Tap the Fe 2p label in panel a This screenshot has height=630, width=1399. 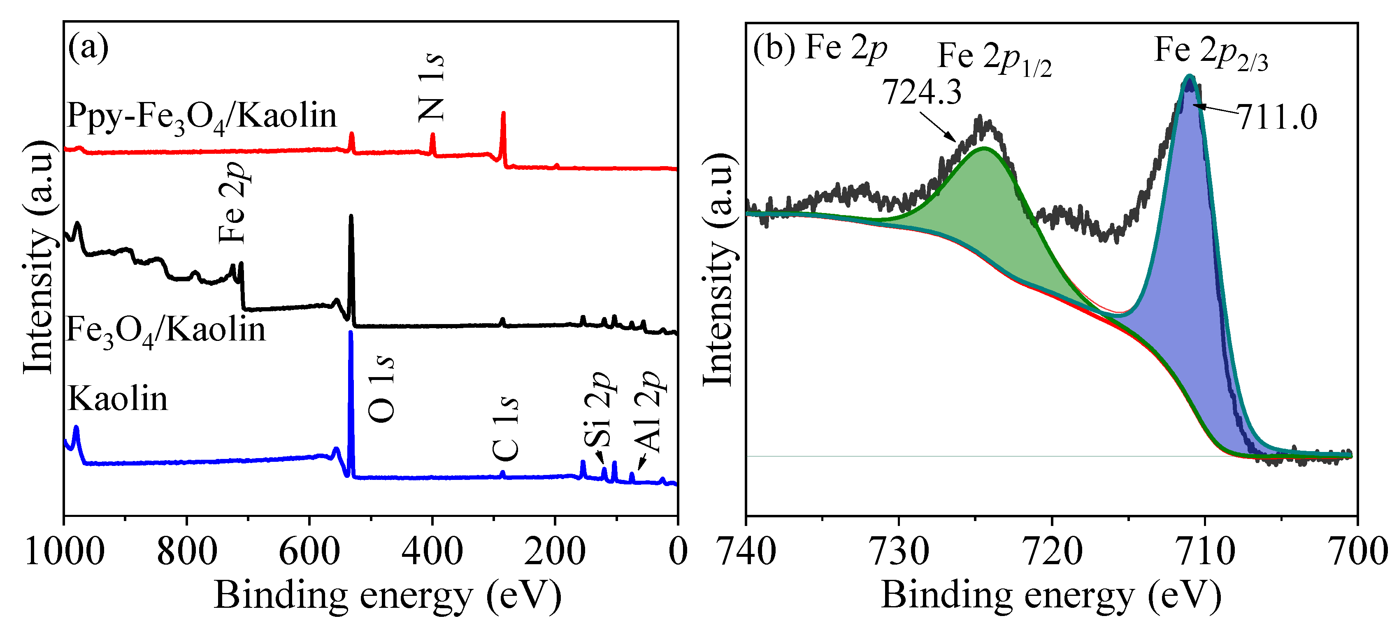tap(234, 202)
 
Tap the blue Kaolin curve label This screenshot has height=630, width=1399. tap(117, 399)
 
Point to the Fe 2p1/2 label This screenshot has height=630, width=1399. tap(994, 58)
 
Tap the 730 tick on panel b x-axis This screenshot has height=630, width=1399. tap(899, 552)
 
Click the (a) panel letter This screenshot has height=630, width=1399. tap(88, 48)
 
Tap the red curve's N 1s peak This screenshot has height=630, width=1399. tap(433, 135)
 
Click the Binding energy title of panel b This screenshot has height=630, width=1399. tap(1051, 596)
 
